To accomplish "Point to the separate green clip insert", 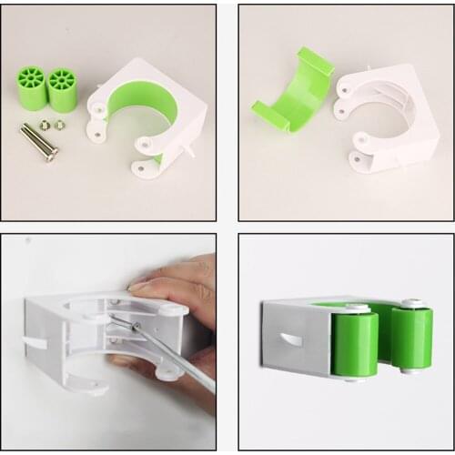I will point(290,91).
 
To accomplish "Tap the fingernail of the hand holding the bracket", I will point(137,285).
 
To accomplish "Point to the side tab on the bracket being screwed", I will point(35,343).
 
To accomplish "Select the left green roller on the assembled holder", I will point(355,343).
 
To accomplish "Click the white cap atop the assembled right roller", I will point(413,304).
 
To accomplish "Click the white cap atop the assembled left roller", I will point(357,309).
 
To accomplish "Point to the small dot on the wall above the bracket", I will point(28,241).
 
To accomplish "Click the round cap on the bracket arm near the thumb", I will point(168,309).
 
